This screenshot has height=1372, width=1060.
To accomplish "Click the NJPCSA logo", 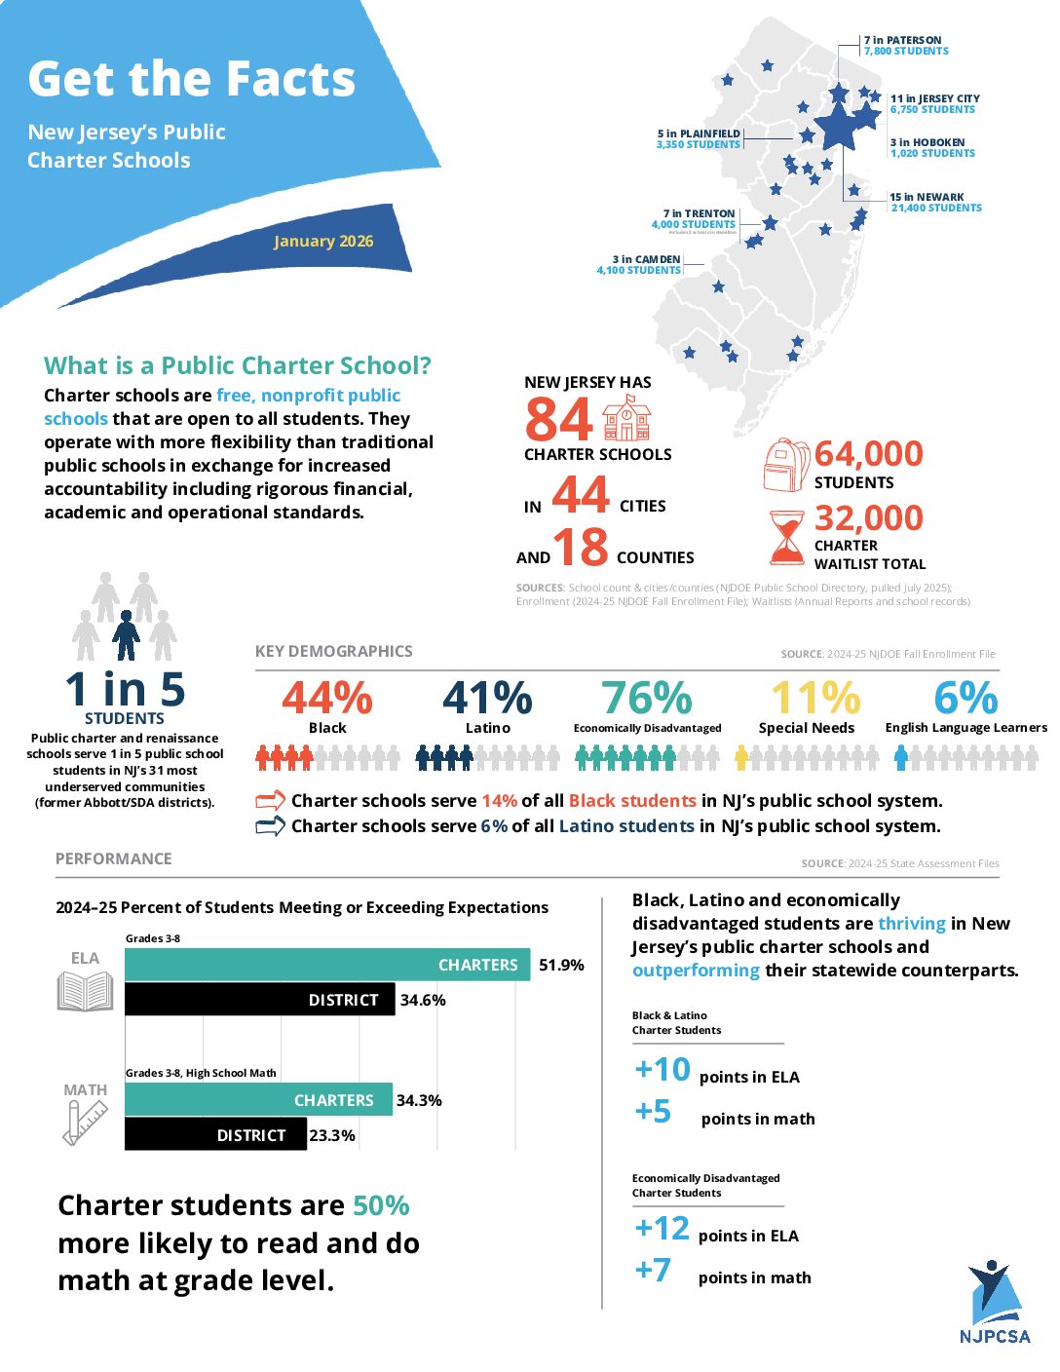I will tap(994, 1301).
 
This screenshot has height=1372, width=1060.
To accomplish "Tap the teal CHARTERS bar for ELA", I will tap(327, 965).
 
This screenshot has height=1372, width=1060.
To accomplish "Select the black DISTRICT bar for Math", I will tap(215, 1134).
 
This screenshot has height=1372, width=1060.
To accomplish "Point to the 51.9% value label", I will tap(561, 965).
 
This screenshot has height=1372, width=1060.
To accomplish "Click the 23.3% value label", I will tap(332, 1135).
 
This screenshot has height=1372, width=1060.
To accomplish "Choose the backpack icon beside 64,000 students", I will tap(786, 465).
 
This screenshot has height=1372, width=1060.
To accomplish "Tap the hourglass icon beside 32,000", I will tap(786, 537).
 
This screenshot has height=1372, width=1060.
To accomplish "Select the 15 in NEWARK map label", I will tap(927, 197).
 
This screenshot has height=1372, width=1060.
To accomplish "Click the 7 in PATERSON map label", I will tap(902, 41).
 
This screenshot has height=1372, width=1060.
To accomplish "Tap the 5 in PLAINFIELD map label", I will tap(699, 133).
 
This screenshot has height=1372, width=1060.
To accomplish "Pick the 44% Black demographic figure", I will tap(327, 698).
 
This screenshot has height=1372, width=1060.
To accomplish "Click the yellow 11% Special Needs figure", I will tap(815, 698).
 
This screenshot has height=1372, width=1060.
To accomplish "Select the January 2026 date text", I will tap(323, 242).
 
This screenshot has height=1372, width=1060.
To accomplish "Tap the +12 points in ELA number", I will tap(662, 1228).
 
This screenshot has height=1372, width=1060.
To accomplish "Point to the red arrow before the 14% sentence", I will tap(270, 801).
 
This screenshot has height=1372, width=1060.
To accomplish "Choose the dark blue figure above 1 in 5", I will tap(126, 635).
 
